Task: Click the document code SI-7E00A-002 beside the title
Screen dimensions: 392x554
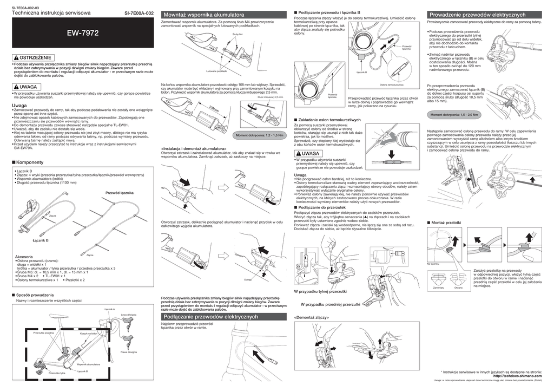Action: click(x=138, y=12)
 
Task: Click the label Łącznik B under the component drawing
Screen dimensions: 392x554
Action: click(x=41, y=240)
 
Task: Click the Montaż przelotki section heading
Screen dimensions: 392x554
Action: click(x=446, y=223)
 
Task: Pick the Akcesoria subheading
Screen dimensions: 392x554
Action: click(x=25, y=256)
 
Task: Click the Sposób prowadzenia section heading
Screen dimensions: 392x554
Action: click(x=35, y=295)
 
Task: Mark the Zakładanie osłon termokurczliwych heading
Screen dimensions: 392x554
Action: click(x=325, y=119)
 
